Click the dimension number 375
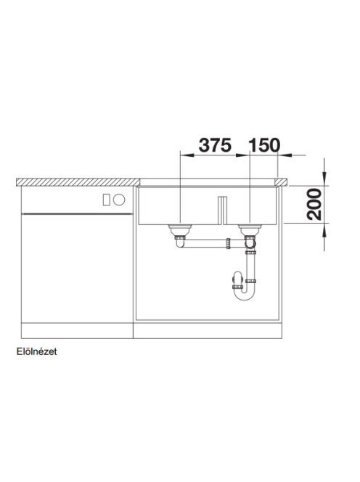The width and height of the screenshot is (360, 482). (215, 145)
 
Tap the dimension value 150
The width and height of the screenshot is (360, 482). (264, 145)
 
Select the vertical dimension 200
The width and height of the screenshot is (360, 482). (314, 205)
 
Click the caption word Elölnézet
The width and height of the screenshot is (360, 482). (36, 351)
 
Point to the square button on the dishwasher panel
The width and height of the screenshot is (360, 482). (107, 200)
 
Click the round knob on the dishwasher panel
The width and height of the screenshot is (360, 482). (119, 200)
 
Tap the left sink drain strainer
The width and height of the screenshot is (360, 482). (180, 229)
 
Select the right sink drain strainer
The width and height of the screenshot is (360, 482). (250, 229)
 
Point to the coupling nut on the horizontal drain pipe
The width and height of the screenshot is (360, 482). (229, 243)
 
